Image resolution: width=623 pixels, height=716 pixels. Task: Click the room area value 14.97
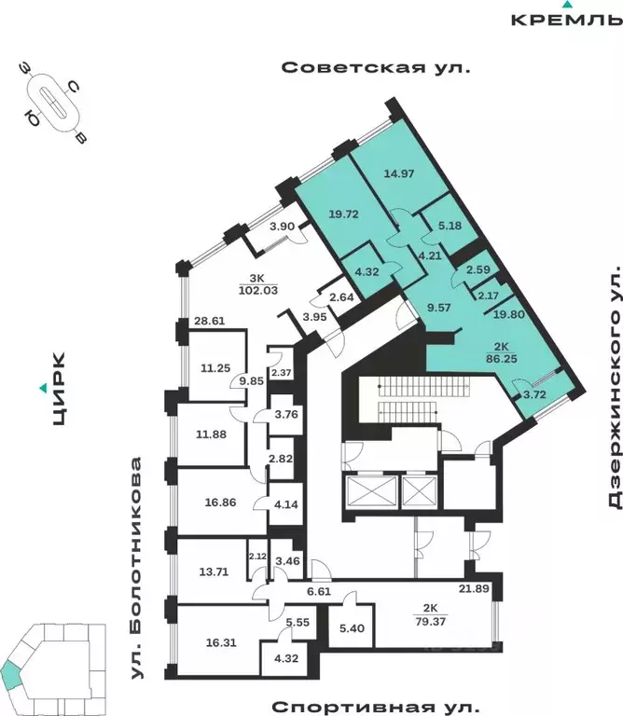tap(404, 173)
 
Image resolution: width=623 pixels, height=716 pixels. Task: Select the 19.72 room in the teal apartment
tap(345, 213)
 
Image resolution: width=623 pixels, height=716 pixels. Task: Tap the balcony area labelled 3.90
tap(283, 227)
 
